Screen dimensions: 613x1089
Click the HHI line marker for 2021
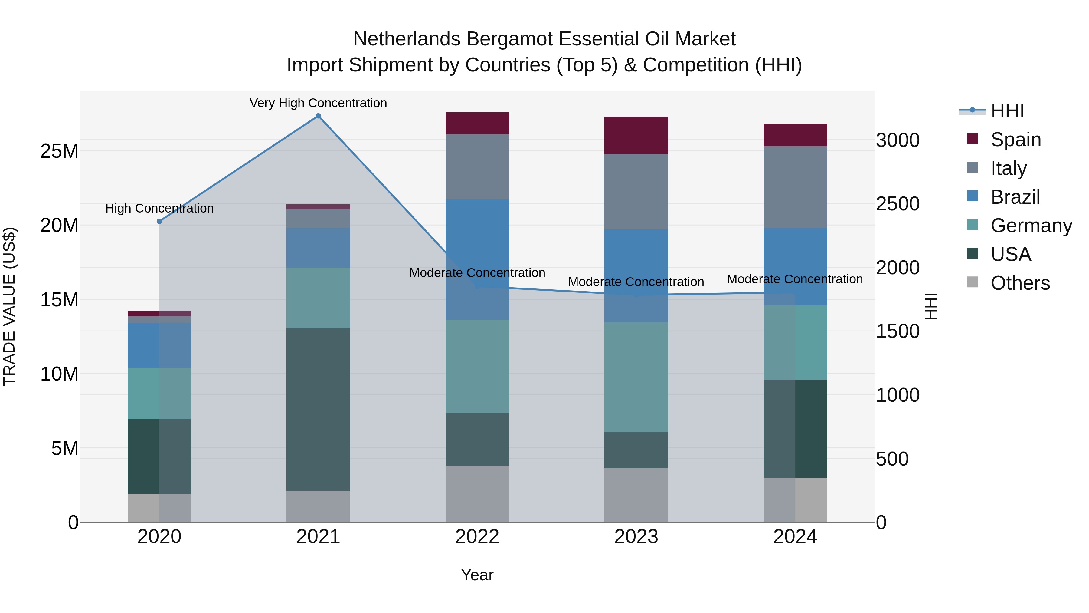coord(318,116)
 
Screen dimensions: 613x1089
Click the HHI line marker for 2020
coord(159,221)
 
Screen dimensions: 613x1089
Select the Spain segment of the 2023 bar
coord(636,135)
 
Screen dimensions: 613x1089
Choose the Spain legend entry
coord(1015,140)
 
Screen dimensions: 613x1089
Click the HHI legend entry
coord(1006,111)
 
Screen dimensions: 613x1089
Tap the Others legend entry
coord(1019,283)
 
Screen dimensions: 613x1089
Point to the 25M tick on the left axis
coord(59,151)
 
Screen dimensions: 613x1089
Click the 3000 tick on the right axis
coord(898,140)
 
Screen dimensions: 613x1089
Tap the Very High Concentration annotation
coord(318,103)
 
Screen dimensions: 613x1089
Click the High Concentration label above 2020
coord(159,208)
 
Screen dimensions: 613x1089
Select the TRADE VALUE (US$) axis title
coord(9,306)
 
